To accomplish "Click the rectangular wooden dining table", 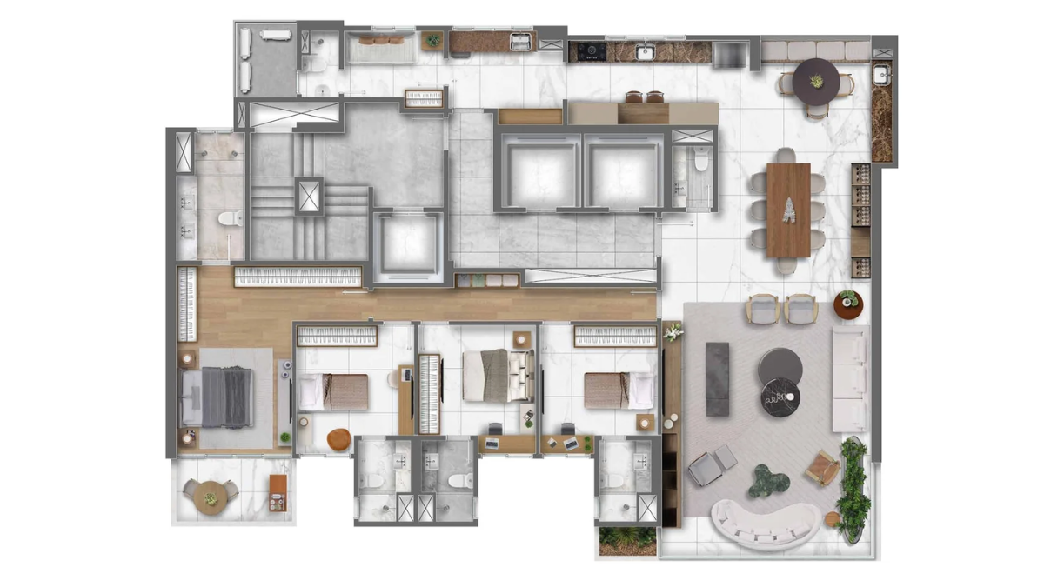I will pyautogui.click(x=789, y=210).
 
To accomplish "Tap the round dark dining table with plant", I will pyautogui.click(x=816, y=81).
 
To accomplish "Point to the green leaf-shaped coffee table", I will pyautogui.click(x=768, y=480).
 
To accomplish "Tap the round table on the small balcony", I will pyautogui.click(x=209, y=498).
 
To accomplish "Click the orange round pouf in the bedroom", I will pyautogui.click(x=339, y=439).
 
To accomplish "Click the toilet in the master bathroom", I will pyautogui.click(x=230, y=217).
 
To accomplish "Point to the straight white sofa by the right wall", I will pyautogui.click(x=850, y=378).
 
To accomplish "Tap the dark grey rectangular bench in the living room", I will pyautogui.click(x=717, y=379).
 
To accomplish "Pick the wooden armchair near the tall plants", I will pyautogui.click(x=821, y=468).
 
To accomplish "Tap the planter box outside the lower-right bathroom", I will pyautogui.click(x=627, y=540).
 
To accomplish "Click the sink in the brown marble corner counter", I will pyautogui.click(x=880, y=73).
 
